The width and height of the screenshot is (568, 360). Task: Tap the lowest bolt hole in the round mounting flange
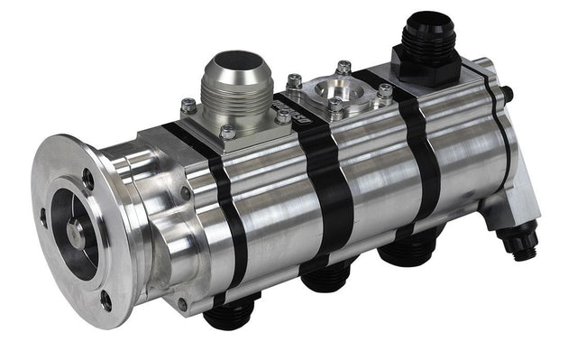tap(105, 299)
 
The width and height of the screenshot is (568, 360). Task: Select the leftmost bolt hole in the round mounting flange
tap(42, 217)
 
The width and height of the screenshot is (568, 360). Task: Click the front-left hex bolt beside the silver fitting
tap(188, 106)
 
